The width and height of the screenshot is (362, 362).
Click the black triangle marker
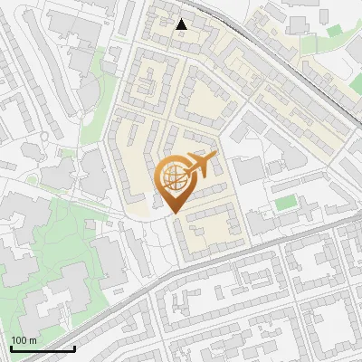(182, 24)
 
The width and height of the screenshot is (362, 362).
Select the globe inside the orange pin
(173, 177)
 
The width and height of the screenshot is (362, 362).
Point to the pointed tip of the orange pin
(173, 214)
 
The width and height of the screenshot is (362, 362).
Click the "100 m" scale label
(24, 340)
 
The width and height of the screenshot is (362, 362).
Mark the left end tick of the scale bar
(12, 348)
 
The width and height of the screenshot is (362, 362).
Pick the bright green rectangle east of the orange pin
(285, 203)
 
